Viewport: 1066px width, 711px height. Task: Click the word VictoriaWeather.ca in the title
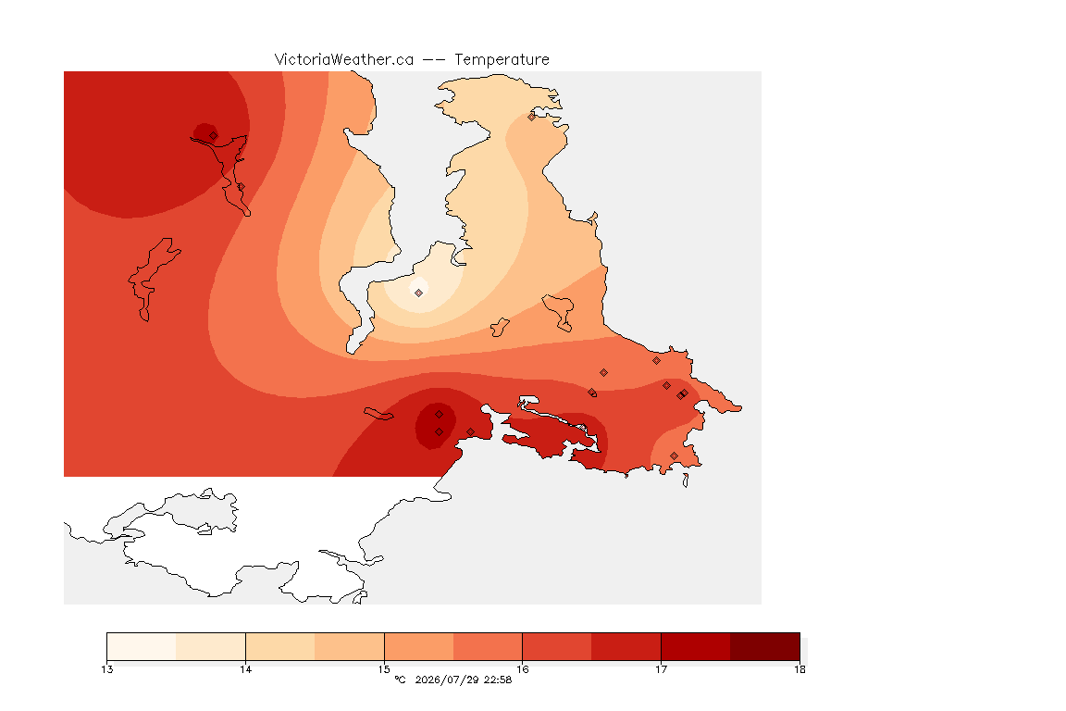pos(344,60)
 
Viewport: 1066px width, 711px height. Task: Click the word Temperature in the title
pos(502,60)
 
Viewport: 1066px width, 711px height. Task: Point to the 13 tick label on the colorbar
pos(106,669)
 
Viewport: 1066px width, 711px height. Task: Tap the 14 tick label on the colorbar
pos(245,669)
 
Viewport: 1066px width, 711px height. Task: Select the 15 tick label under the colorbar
pos(384,669)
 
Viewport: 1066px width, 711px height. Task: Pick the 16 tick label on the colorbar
pos(522,669)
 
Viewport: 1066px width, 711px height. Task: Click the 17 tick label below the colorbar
pos(661,669)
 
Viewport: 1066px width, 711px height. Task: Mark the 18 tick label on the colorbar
pos(799,669)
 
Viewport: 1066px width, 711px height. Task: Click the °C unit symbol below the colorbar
pos(400,680)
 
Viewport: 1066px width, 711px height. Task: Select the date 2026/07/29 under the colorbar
pos(447,680)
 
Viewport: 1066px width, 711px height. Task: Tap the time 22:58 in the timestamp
pos(498,680)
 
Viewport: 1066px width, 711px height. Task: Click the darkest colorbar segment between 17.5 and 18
pos(765,646)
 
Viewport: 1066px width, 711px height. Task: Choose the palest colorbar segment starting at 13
pos(142,646)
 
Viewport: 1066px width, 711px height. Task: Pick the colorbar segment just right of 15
pos(419,646)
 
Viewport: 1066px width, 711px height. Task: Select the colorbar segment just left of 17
pos(626,646)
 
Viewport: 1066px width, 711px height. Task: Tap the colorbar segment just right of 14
pos(280,646)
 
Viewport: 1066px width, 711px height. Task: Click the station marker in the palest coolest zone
pos(419,293)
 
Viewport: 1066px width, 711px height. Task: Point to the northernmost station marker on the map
pos(532,117)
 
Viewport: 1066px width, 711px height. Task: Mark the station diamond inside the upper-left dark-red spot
pos(214,136)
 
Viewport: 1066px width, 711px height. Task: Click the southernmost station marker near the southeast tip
pos(674,455)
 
